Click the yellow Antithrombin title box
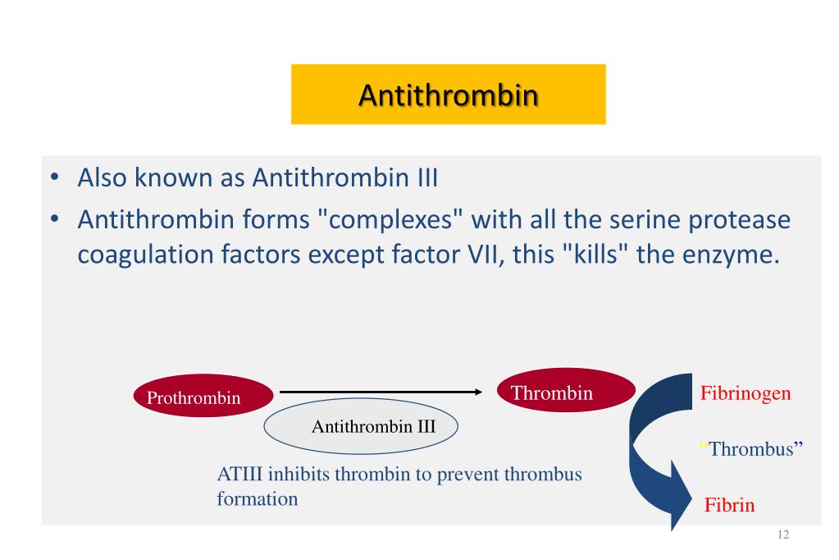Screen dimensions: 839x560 (449, 94)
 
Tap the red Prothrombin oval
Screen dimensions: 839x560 (203, 396)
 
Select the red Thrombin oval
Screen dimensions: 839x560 (566, 390)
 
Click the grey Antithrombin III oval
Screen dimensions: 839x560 (361, 426)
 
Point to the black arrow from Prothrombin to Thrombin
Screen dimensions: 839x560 (381, 392)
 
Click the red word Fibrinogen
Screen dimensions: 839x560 (746, 393)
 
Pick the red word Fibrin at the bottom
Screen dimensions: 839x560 (729, 505)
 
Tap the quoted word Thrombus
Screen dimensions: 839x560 (751, 448)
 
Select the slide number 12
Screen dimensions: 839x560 (783, 535)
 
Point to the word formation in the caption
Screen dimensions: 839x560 (258, 499)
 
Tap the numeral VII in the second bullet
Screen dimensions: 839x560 (486, 254)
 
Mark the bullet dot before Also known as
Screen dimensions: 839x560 (54, 177)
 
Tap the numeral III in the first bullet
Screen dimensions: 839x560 (427, 177)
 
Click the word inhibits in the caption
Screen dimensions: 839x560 (298, 475)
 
